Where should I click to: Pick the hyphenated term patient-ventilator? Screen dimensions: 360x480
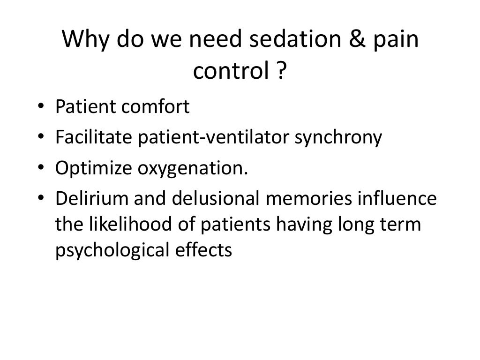[x=204, y=138]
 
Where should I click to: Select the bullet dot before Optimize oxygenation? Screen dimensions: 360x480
[x=42, y=169]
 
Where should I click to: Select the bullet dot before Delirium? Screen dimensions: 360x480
[x=42, y=199]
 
